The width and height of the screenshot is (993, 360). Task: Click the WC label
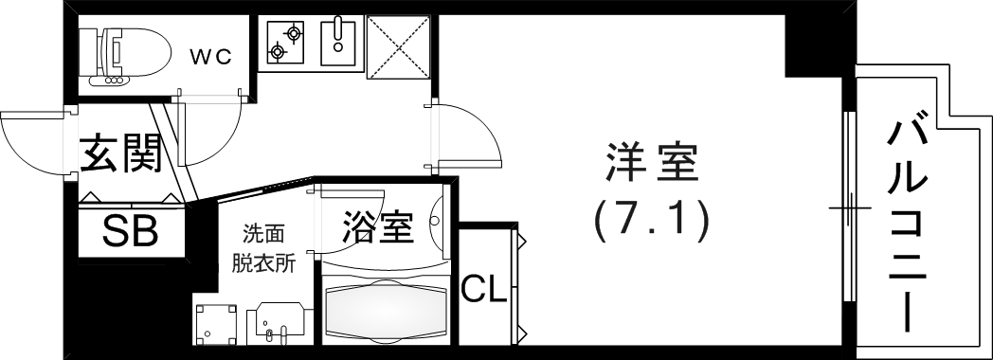click(210, 56)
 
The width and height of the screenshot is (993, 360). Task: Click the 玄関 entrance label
click(118, 153)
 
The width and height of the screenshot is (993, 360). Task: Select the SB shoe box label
click(130, 232)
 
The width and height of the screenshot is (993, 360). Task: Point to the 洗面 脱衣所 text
click(262, 248)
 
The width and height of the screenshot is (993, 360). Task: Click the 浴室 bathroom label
click(377, 229)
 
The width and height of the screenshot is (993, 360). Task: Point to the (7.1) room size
click(651, 221)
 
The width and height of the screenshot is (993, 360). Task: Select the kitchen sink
click(336, 40)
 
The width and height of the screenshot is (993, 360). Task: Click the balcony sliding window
click(850, 207)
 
